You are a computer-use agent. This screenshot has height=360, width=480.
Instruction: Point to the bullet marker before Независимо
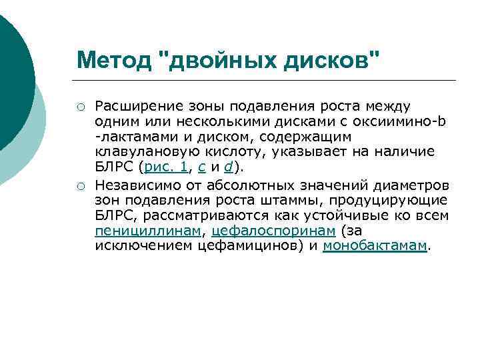[80, 184]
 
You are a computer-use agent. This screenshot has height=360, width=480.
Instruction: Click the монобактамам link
[374, 247]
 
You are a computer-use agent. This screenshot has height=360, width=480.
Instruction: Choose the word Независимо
[133, 184]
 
